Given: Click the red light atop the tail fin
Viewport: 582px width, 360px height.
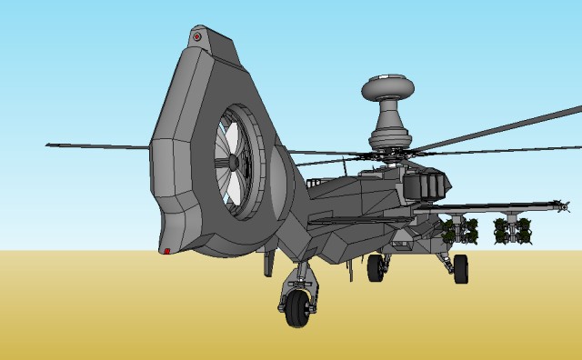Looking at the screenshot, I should point(196,37).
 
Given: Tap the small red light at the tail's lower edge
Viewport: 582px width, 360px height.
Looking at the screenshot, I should point(166,250).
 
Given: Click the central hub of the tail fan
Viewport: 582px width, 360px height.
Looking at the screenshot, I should point(233,161).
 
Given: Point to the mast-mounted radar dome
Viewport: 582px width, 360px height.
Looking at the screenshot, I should point(388,89).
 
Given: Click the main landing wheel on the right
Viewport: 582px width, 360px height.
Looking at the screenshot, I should point(460,268).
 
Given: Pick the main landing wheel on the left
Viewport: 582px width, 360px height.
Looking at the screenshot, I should point(375,267).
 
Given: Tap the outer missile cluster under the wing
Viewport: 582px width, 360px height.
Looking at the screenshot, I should point(512,231).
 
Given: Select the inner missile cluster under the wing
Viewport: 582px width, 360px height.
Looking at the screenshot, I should point(461,231).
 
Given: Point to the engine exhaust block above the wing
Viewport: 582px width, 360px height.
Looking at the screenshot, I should point(426,184).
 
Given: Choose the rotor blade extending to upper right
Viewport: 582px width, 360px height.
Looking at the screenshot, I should point(509,128).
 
